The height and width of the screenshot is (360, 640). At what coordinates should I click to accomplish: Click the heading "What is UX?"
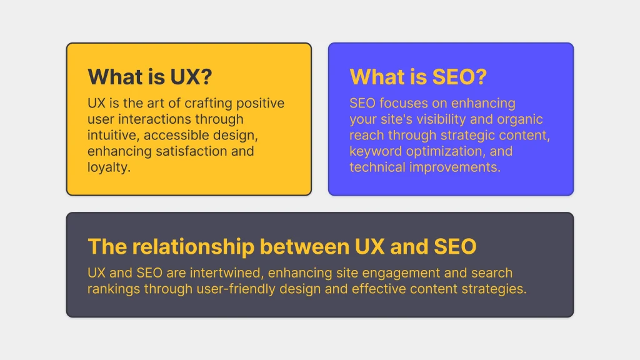[x=150, y=77]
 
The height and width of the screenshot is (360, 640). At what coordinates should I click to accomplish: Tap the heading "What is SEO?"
[x=418, y=77]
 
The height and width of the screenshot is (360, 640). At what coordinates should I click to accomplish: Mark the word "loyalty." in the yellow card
[x=109, y=167]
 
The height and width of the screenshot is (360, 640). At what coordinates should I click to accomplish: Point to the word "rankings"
[x=114, y=289]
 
